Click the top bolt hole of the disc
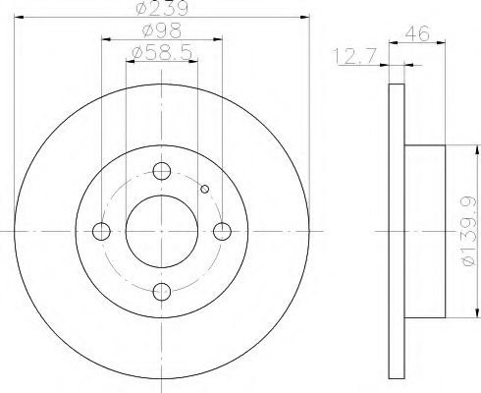(161, 172)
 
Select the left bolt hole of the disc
(101, 232)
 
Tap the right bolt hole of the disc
(223, 231)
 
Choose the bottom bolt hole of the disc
(162, 292)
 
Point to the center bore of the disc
(162, 232)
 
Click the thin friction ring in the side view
(396, 232)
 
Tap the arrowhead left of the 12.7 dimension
(384, 66)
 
